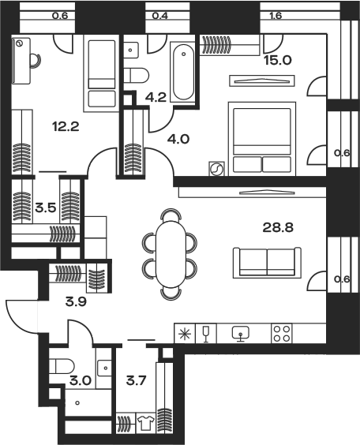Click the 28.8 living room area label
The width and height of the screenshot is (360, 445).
pos(278,227)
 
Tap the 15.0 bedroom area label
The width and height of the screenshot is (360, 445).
pos(278,60)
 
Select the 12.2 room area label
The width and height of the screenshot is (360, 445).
pos(66,126)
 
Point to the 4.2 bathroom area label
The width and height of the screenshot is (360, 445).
pos(156,97)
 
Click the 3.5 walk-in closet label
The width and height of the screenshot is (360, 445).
pos(46,208)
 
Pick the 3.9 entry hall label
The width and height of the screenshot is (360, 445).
pos(76,302)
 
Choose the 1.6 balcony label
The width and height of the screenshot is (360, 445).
pos(275,15)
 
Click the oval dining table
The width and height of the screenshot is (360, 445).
pos(170,254)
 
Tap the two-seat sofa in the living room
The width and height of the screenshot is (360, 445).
pos(267,263)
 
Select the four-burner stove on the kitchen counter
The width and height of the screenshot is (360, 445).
pos(282,334)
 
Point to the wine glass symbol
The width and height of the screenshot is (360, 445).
pos(206,334)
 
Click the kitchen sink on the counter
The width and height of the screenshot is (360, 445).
pos(241,334)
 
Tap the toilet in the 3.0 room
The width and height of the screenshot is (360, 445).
pos(62,366)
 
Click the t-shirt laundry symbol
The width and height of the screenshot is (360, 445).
pos(145,423)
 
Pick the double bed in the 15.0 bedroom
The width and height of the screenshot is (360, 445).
pos(262,139)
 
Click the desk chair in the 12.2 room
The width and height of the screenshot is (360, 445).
pos(36,61)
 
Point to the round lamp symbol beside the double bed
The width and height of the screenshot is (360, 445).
pos(216,169)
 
